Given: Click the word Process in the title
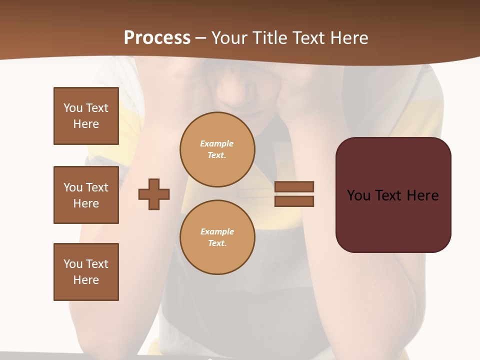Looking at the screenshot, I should (x=157, y=38).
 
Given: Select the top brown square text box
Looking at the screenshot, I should (x=86, y=116).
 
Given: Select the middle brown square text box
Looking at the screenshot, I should (x=86, y=195).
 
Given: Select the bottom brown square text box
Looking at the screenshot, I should (x=86, y=272).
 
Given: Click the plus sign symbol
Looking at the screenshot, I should (x=154, y=194).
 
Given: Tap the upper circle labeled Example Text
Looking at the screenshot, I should (x=217, y=149).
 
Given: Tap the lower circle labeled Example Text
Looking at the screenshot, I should (x=217, y=237).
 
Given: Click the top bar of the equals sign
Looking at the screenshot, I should (x=294, y=186).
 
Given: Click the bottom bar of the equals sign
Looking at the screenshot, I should (x=294, y=201).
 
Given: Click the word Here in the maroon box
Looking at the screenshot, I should (x=422, y=195).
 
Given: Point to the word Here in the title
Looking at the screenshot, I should (x=348, y=38).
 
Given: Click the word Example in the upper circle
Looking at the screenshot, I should (x=216, y=143).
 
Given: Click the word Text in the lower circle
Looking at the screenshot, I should (x=216, y=243).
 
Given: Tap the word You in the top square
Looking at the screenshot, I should (x=72, y=108).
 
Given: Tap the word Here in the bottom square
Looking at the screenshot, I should (x=86, y=280).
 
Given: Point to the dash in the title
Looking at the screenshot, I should (x=200, y=38).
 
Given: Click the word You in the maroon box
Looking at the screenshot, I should (x=358, y=195).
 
